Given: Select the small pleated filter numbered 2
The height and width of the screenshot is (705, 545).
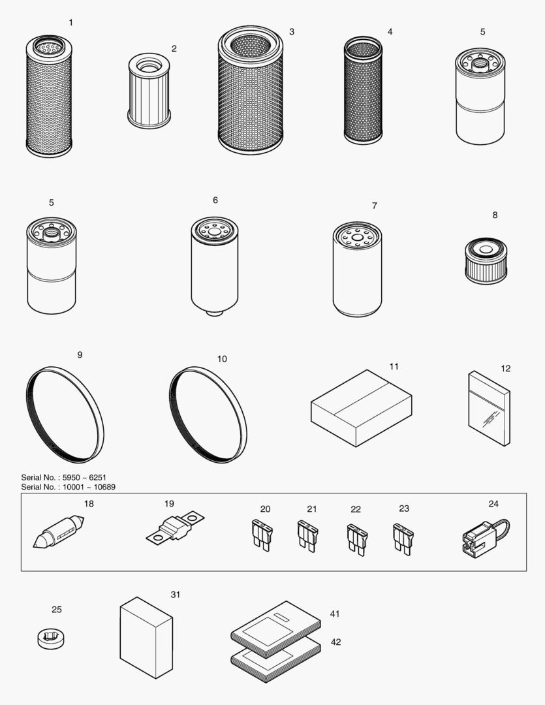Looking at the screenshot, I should pos(149,91).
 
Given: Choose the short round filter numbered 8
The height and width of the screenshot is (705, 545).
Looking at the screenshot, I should pos(485,261).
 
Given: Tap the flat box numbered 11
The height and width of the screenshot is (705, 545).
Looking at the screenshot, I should pos(361,408).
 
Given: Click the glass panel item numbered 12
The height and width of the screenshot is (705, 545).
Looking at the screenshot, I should pos(489,409).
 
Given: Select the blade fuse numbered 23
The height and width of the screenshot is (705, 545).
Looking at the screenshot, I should pos(403,539).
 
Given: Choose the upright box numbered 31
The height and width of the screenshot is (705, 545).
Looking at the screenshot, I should pos(146,637).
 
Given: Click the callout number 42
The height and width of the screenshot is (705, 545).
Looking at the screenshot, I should pos(335,642).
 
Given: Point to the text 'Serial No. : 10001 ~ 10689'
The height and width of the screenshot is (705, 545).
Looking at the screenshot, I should pos(68,487).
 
